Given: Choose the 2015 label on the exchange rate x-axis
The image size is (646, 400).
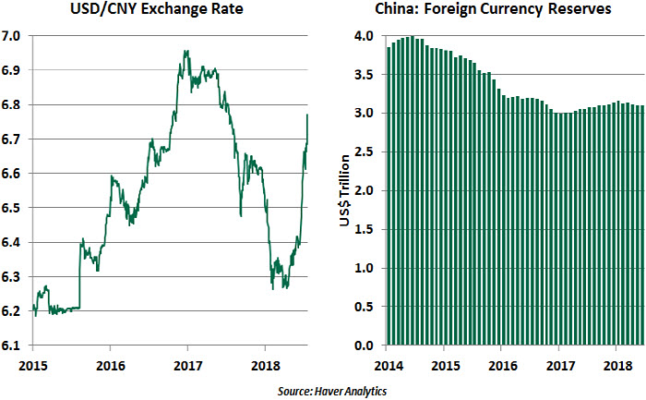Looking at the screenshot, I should pyautogui.click(x=32, y=362).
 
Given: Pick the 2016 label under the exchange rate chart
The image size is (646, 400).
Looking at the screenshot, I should pyautogui.click(x=110, y=362).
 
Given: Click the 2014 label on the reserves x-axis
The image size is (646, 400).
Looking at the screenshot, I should pyautogui.click(x=387, y=362).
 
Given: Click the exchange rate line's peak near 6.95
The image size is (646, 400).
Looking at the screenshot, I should pyautogui.click(x=186, y=52).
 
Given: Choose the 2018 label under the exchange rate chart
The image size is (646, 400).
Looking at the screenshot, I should pyautogui.click(x=265, y=362).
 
